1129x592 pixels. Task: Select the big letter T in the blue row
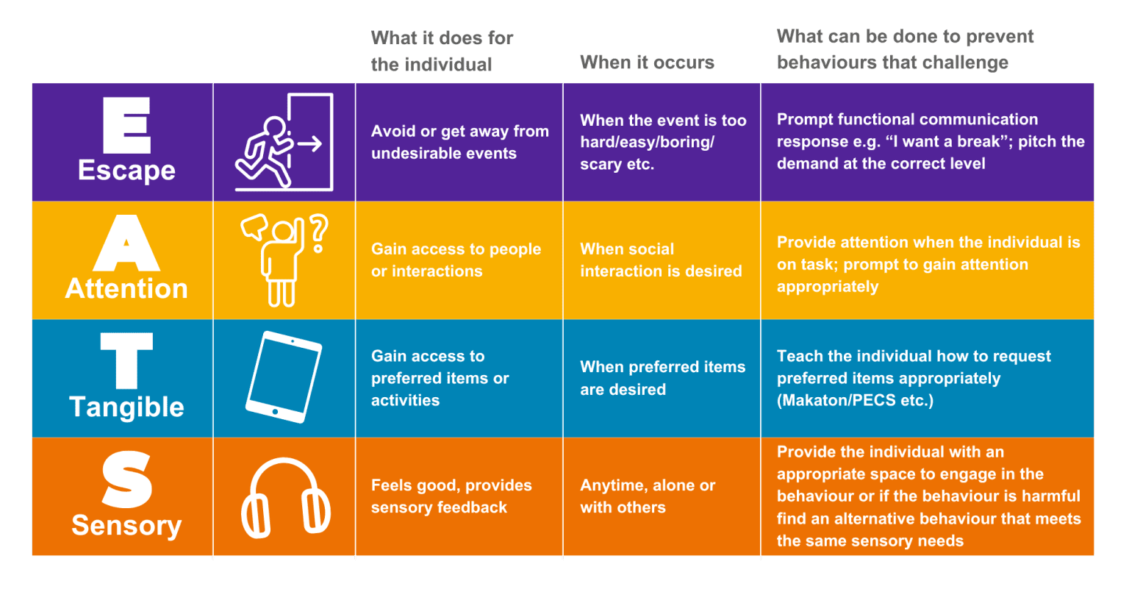click(x=126, y=360)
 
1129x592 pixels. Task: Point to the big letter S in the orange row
click(x=126, y=480)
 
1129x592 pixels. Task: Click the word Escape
click(x=126, y=171)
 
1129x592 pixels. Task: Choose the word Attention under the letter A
click(x=126, y=288)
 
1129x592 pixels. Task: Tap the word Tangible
click(x=126, y=407)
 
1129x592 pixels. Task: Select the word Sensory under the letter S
click(x=126, y=526)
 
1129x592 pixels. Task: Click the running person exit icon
click(x=284, y=143)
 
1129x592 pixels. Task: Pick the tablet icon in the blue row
click(x=283, y=377)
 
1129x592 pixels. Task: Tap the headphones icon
click(x=285, y=498)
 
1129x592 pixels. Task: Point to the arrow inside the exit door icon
click(x=309, y=143)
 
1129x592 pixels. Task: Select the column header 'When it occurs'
click(x=646, y=63)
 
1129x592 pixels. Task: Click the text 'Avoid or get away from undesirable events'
click(x=459, y=143)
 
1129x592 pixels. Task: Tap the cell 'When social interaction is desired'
click(x=660, y=260)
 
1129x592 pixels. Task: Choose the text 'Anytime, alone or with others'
click(x=647, y=496)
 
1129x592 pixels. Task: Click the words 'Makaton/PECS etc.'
click(x=855, y=401)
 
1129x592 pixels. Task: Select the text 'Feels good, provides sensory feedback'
click(x=451, y=496)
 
